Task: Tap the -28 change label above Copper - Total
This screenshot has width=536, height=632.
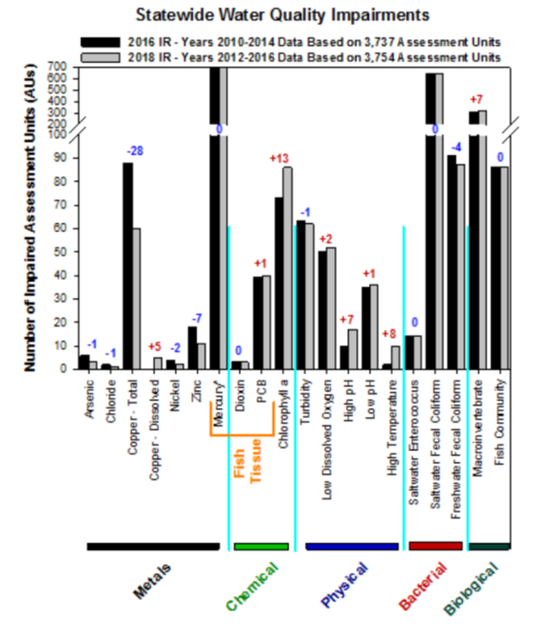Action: (135, 149)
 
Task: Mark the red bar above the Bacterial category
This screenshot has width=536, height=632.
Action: (436, 546)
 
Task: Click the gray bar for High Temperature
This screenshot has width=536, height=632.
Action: (395, 357)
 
